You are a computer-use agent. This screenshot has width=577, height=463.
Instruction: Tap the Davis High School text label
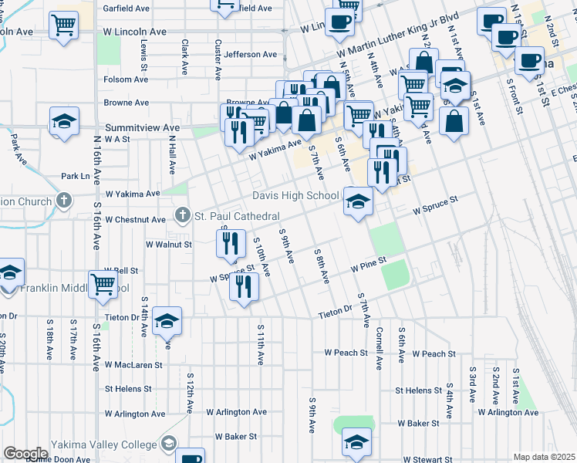coord(296,195)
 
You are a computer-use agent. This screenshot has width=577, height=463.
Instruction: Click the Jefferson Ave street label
coord(251,55)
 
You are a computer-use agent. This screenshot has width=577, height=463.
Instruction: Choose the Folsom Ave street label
coord(127,79)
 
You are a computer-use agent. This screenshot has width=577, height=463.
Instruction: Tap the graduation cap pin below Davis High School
coord(358,201)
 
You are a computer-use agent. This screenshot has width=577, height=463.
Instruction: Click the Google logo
coord(25,453)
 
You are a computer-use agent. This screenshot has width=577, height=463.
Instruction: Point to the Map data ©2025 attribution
coord(544,457)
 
